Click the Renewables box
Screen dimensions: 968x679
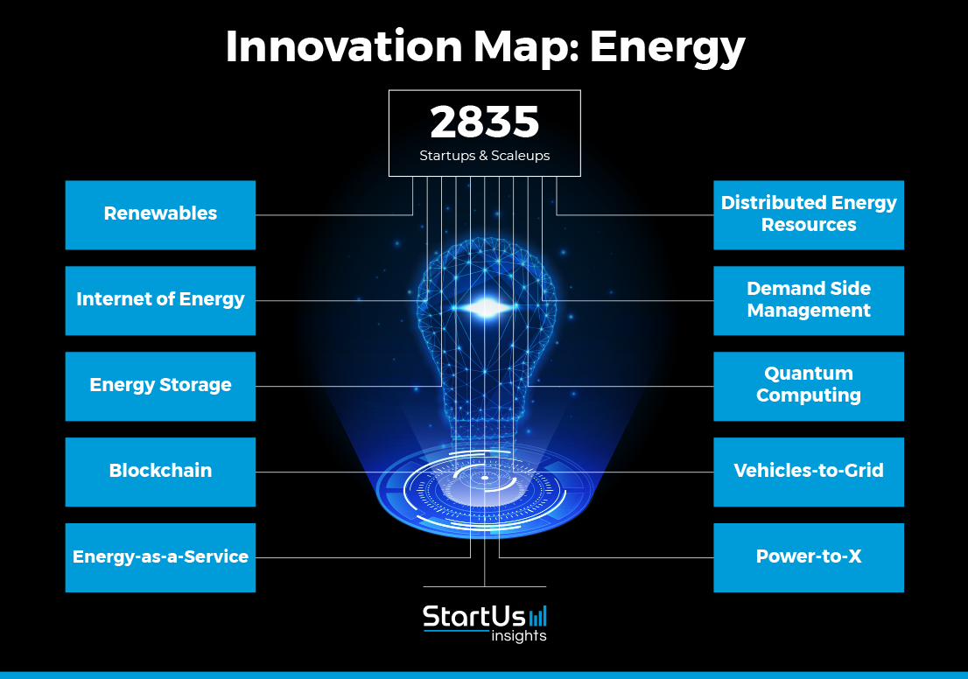click(160, 214)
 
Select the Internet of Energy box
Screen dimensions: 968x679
click(160, 301)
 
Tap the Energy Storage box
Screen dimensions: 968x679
click(160, 387)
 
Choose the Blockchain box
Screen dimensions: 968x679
click(160, 472)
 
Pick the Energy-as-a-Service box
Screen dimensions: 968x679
click(160, 558)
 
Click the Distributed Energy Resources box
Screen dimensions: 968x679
click(809, 214)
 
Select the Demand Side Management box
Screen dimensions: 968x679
click(809, 301)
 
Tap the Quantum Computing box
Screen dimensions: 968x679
click(809, 387)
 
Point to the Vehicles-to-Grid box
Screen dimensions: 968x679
click(809, 472)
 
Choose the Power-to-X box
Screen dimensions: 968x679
click(809, 558)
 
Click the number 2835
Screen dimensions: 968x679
click(485, 122)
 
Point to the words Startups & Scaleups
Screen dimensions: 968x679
click(485, 156)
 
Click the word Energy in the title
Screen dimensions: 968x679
click(667, 48)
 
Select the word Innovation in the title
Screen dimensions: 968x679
click(344, 46)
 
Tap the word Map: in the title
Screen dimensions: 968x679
click(527, 48)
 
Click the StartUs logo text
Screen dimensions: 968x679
click(473, 617)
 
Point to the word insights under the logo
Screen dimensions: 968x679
click(518, 636)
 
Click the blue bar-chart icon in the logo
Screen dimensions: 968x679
click(537, 617)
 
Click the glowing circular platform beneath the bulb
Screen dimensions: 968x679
click(485, 491)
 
